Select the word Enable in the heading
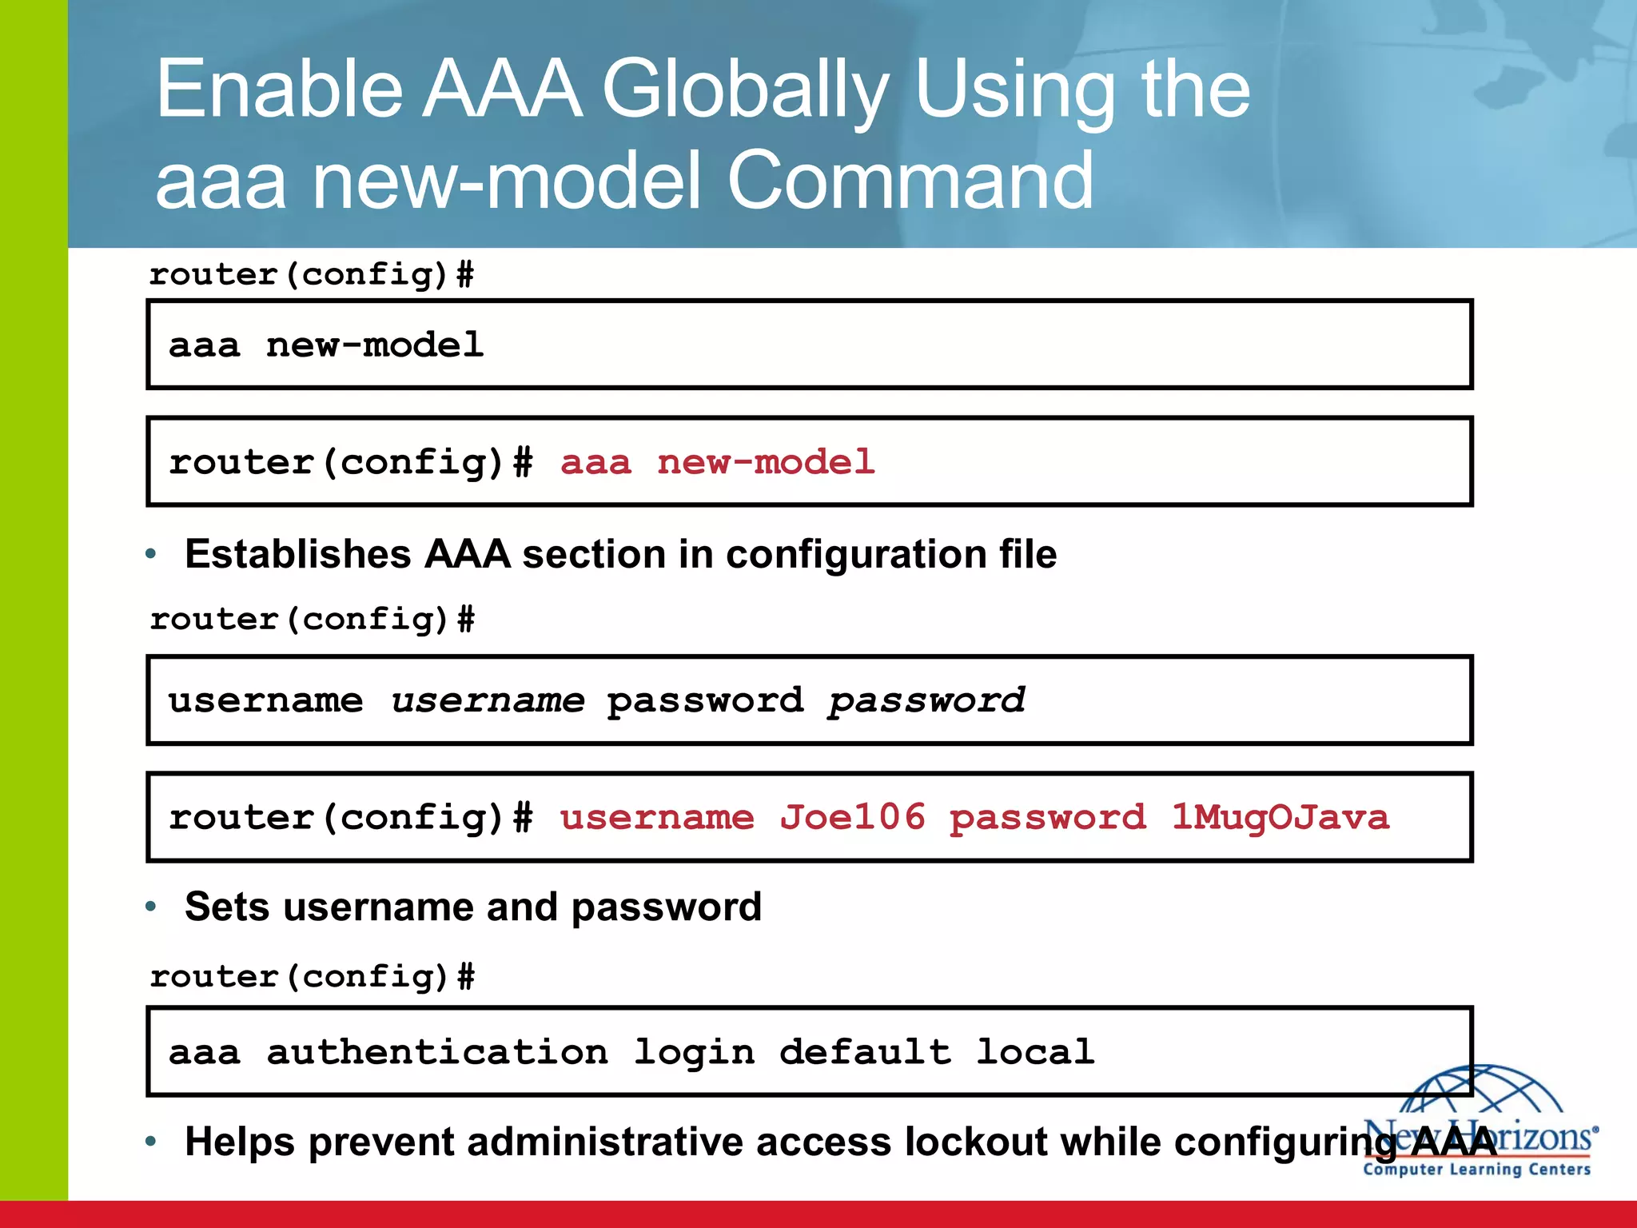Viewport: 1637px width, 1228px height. pos(279,90)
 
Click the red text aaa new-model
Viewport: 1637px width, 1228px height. pos(717,462)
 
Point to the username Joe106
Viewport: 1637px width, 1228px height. pos(852,817)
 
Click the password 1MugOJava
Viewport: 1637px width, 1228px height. pos(1280,817)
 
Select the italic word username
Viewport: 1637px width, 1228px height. pos(488,700)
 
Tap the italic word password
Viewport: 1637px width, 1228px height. pos(926,700)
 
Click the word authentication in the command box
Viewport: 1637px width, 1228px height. pos(437,1051)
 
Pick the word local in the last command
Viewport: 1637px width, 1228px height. pos(1035,1051)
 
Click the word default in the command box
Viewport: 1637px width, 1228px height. pos(865,1051)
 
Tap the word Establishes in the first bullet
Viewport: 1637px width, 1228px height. pos(297,554)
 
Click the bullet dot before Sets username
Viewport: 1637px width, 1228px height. pos(151,907)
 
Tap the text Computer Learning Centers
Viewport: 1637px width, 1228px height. pos(1476,1170)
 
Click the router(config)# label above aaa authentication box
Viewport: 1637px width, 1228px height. pos(312,976)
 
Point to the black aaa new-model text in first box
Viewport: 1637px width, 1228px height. pos(326,345)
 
